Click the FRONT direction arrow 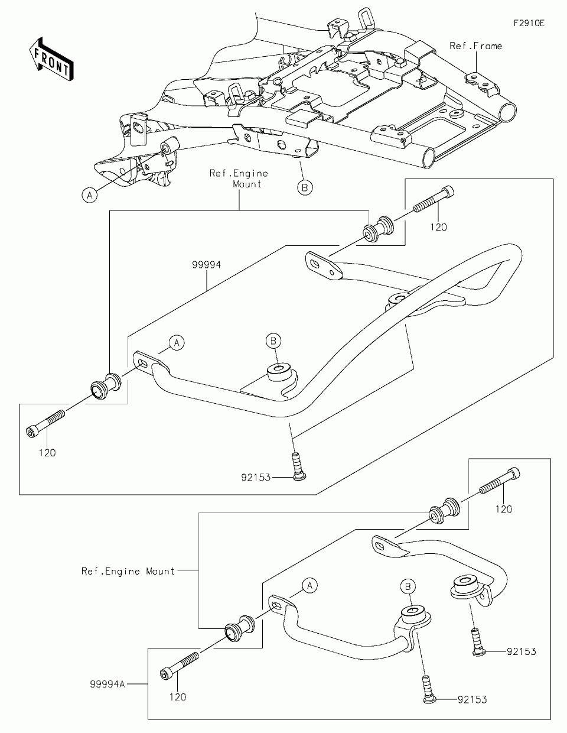pos(51,59)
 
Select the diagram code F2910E pos(529,23)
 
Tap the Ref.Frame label pos(475,46)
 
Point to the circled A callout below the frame pos(90,195)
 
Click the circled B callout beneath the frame pos(305,187)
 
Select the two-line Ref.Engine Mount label pos(239,179)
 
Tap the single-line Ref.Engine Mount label pos(128,571)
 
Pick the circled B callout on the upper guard pos(273,341)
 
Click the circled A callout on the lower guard pos(310,586)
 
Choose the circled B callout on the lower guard pos(408,586)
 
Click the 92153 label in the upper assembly pos(256,478)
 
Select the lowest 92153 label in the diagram pos(472,700)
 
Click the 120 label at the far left pos(47,453)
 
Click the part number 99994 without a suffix pos(207,265)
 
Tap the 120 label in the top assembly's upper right pos(438,228)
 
